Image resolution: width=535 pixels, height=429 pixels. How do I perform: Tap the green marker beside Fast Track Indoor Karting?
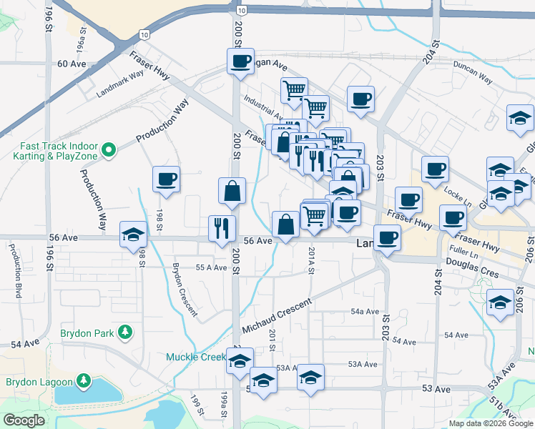tap(109, 149)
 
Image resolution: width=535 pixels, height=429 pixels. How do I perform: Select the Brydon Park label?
tap(92, 332)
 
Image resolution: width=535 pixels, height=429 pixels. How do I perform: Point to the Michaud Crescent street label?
tap(277, 315)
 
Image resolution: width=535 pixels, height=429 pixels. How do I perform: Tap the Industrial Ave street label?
tap(263, 108)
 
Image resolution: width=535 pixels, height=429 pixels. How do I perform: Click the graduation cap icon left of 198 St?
tap(132, 234)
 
